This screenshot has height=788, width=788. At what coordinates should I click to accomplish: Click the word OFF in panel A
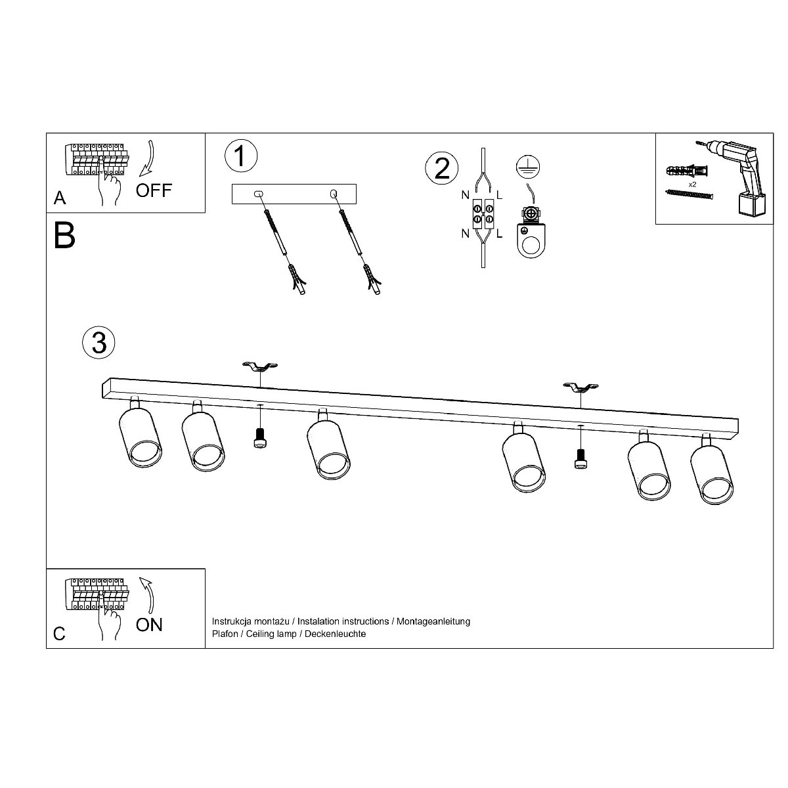pyautogui.click(x=154, y=190)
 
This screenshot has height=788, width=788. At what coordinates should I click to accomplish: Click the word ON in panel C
pyautogui.click(x=149, y=625)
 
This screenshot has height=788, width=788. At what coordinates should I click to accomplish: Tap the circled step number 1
pyautogui.click(x=241, y=156)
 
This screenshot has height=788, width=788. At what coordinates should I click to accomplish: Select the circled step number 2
pyautogui.click(x=442, y=168)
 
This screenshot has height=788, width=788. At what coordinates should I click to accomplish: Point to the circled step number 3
pyautogui.click(x=98, y=343)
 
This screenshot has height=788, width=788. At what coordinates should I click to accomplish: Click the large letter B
pyautogui.click(x=64, y=235)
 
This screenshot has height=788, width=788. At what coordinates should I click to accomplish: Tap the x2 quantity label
pyautogui.click(x=692, y=185)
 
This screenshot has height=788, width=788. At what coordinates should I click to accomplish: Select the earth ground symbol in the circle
pyautogui.click(x=528, y=167)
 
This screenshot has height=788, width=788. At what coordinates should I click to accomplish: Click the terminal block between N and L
pyautogui.click(x=483, y=213)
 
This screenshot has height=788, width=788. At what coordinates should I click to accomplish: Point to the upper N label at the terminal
pyautogui.click(x=466, y=195)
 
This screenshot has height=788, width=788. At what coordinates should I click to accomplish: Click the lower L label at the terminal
pyautogui.click(x=499, y=234)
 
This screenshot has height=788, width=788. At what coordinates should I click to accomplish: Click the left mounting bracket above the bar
pyautogui.click(x=260, y=366)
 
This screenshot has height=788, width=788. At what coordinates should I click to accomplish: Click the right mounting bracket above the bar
pyautogui.click(x=580, y=388)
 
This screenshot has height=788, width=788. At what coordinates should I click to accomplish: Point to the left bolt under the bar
pyautogui.click(x=259, y=437)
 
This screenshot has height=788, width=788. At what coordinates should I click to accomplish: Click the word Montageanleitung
pyautogui.click(x=433, y=621)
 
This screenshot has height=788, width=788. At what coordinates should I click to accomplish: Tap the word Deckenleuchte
pyautogui.click(x=336, y=634)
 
